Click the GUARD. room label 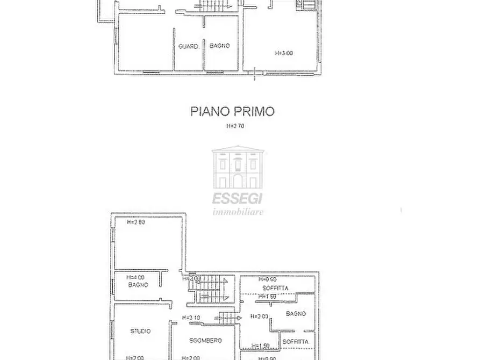(x=189, y=47)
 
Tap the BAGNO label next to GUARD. (x=220, y=46)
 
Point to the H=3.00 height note (x=284, y=53)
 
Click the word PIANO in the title (x=209, y=112)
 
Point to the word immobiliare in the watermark (x=238, y=212)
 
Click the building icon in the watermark (x=238, y=169)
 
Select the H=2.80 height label (x=136, y=222)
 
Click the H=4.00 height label (x=135, y=278)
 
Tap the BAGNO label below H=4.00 (x=138, y=285)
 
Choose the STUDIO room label (x=140, y=332)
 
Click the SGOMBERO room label (x=205, y=341)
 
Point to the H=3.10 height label (x=191, y=318)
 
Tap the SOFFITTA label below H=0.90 (x=275, y=289)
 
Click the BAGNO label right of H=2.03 (x=296, y=314)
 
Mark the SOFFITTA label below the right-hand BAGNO (x=295, y=342)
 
